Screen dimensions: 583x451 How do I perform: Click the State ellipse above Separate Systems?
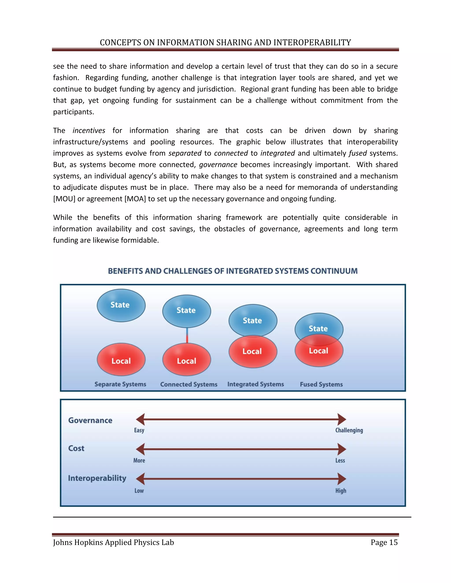click(121, 305)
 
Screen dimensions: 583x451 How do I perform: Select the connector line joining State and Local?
click(187, 335)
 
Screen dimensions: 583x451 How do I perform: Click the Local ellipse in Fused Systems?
click(319, 355)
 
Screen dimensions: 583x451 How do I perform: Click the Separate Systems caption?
click(120, 384)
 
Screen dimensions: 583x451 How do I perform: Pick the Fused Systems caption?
click(321, 384)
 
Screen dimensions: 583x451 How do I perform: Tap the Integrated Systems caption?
click(255, 384)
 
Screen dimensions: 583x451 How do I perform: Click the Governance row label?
click(90, 420)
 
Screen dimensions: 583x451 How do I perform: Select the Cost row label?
click(76, 448)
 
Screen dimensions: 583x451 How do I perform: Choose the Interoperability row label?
click(97, 478)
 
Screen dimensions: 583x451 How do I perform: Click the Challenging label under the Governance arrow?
click(349, 430)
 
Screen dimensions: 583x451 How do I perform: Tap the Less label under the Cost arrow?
click(340, 460)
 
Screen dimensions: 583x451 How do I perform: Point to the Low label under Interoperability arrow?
click(139, 491)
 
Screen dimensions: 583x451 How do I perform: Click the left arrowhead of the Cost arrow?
click(140, 449)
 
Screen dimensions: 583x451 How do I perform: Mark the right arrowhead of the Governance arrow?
click(342, 419)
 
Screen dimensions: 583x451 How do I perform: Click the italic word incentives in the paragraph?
click(89, 130)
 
